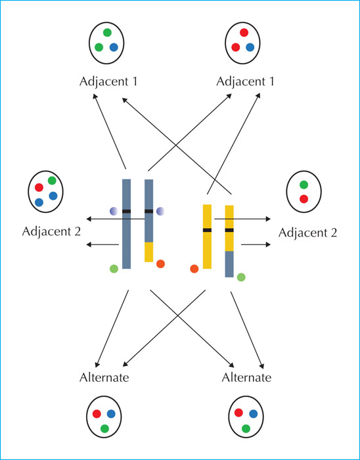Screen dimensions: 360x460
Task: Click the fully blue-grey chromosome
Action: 126,223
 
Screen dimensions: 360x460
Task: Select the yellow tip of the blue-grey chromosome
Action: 149,252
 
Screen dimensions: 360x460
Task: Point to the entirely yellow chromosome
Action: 207,237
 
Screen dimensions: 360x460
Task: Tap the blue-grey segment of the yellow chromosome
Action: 229,264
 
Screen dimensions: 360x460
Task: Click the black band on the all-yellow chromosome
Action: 207,230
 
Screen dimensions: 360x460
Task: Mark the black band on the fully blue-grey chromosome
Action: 126,211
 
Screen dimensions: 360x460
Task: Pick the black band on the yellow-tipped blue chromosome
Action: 149,211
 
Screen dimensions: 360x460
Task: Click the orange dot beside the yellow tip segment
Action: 160,264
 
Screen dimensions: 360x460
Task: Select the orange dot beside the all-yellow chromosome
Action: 194,268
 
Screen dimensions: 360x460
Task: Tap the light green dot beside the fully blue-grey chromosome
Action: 114,268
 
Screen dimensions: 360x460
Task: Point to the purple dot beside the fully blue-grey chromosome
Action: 114,211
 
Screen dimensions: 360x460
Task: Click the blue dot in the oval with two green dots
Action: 114,47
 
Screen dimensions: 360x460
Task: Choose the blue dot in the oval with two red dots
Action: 250,47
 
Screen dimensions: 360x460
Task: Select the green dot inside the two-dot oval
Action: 304,185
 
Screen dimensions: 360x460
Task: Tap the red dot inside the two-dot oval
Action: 304,199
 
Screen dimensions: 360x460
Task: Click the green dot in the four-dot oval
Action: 52,181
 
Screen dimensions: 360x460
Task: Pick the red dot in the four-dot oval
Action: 39,187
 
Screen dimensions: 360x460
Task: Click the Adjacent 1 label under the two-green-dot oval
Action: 108,82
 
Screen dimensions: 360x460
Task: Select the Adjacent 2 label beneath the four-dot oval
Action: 51,232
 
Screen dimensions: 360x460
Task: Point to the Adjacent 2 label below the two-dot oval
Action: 308,233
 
